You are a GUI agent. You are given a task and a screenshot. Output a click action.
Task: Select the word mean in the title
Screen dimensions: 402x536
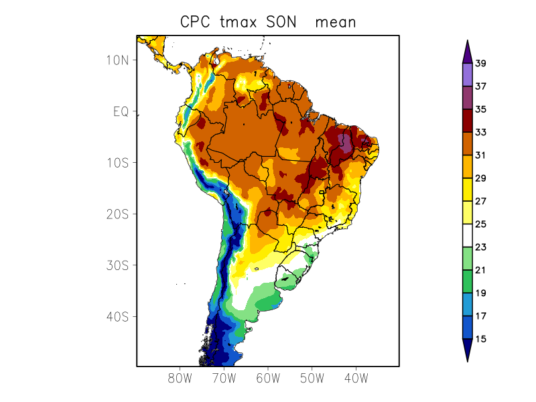335,22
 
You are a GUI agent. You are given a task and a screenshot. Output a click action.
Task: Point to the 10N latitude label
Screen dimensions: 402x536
117,60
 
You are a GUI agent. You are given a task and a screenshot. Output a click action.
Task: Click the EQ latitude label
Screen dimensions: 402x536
121,111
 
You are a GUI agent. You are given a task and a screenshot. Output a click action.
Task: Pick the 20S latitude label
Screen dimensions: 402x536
117,214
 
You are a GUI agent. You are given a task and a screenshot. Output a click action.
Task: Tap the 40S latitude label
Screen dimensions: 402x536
117,316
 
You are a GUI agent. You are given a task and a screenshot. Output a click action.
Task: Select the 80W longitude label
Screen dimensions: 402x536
180,378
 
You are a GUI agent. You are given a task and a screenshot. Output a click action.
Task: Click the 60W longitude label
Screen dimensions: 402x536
268,378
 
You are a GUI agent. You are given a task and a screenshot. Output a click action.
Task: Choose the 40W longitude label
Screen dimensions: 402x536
356,378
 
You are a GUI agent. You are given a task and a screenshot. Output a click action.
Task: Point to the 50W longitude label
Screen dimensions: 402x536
312,378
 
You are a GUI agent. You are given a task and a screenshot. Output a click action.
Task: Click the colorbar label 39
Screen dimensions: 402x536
480,64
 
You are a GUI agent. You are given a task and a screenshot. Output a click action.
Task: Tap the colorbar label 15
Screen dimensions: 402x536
480,339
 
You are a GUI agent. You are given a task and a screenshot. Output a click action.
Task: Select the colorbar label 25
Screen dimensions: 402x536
480,224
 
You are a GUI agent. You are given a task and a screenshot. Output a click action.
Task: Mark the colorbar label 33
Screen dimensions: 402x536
480,133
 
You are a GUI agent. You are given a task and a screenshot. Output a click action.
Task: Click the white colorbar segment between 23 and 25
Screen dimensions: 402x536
467,236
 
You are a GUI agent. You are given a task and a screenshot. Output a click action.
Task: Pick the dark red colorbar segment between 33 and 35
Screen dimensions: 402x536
467,121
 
